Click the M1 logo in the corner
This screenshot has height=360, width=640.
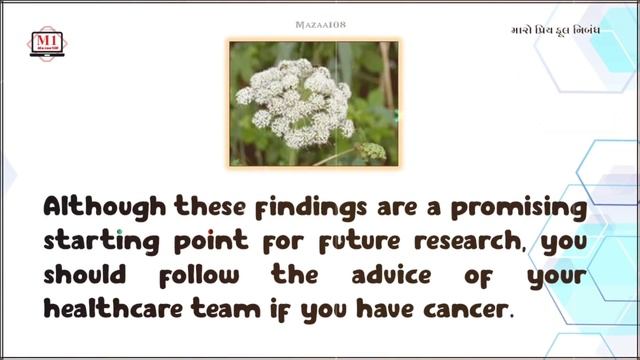(x=47, y=43)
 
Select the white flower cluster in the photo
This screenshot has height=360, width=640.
(x=295, y=101)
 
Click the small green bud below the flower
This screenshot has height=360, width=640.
(x=372, y=151)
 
